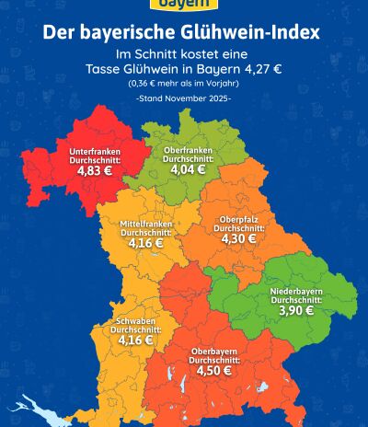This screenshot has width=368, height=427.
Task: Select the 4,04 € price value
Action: coord(188,169)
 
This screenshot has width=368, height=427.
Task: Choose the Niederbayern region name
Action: coord(296,292)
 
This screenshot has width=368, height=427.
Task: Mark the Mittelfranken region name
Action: coord(147,225)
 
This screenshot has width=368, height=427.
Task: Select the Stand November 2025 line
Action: coord(183,98)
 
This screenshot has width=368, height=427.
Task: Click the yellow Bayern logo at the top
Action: coord(183,5)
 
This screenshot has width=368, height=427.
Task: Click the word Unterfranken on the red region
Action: coord(93,148)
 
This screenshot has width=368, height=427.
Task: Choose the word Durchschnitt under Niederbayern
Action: coord(296,300)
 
